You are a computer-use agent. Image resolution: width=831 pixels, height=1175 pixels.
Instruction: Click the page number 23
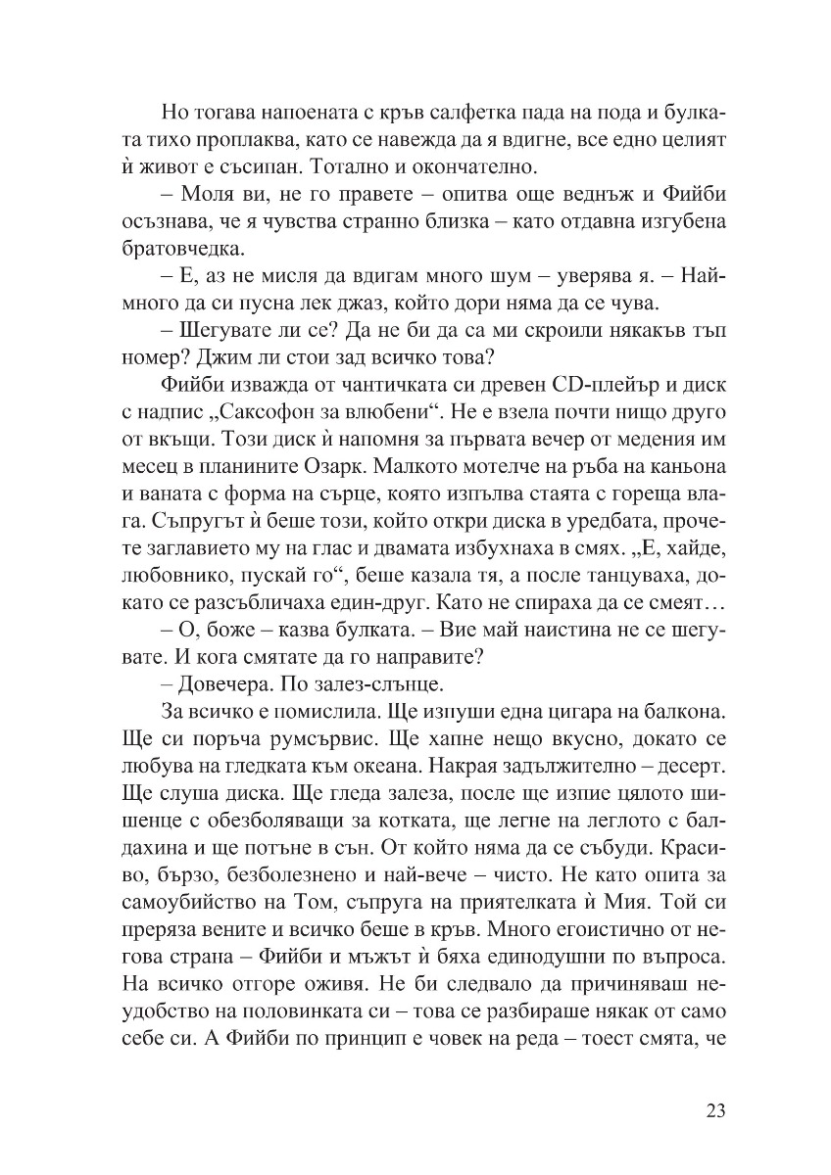click(714, 1110)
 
